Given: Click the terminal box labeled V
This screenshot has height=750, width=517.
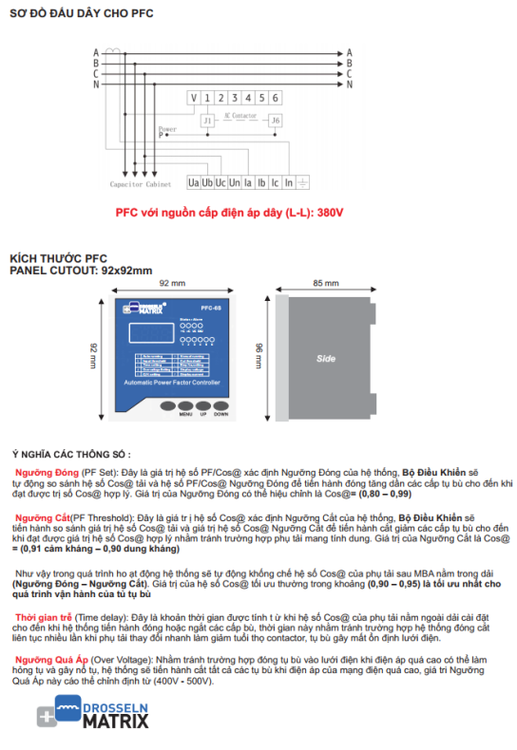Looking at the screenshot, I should [194, 98].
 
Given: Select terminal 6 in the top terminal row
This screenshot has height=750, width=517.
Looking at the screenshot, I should [275, 98].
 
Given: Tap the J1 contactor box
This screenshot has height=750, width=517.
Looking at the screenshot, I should [207, 121].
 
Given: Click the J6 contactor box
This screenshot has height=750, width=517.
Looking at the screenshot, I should [275, 121].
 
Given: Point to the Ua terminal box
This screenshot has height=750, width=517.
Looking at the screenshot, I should [194, 180].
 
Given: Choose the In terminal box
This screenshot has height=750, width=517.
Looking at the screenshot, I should [288, 180].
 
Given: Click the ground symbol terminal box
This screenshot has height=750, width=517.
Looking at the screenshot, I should [302, 180].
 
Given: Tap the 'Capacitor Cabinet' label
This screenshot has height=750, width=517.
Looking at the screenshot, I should [140, 184].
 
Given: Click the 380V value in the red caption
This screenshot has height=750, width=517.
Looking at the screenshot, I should [329, 212].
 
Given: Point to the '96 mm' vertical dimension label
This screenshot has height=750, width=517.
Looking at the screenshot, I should [259, 353].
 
